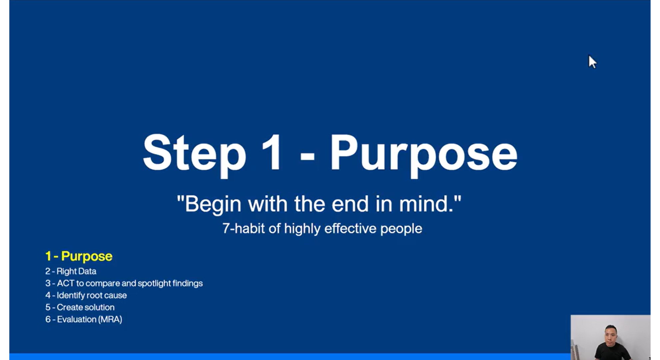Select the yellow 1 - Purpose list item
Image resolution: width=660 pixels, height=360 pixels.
[x=79, y=256]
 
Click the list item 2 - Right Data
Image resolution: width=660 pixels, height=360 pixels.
[x=71, y=271]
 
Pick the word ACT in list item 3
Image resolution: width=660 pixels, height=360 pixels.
[x=65, y=283]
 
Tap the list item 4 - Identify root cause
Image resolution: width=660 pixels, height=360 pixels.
[x=86, y=296]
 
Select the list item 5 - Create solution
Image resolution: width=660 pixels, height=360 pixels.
[x=80, y=307]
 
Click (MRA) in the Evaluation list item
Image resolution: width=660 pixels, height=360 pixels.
[x=110, y=319]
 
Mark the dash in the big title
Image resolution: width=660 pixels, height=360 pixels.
[x=307, y=156]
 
